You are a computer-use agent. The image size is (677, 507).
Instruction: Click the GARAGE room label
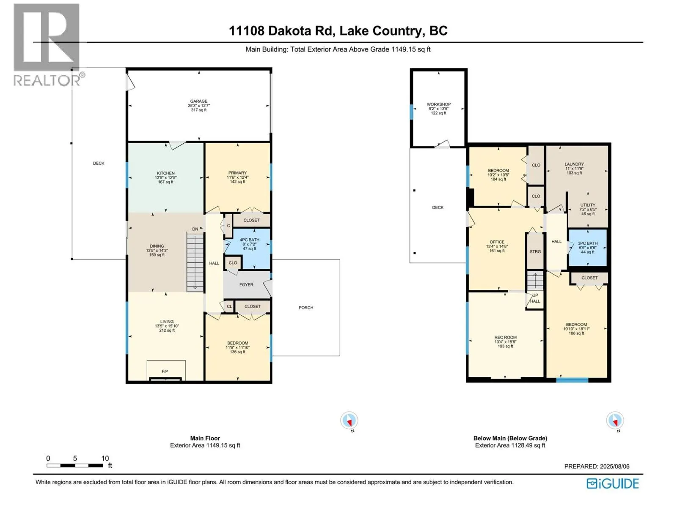point(198,101)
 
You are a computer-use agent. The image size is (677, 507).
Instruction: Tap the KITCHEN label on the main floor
point(165,173)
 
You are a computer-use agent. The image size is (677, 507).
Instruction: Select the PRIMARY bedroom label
point(237,173)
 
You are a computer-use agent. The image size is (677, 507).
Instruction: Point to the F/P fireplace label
point(165,371)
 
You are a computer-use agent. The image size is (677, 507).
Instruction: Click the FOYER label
point(246,285)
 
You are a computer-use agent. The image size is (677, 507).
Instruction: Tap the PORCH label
point(305,308)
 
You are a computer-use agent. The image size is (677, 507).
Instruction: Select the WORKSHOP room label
point(439,104)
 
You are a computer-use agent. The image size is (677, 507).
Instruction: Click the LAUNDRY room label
point(574,164)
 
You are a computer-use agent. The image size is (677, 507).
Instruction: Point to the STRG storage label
point(535,251)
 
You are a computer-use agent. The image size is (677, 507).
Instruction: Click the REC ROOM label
point(505,338)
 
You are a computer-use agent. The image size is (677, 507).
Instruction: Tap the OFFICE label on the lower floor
point(497,242)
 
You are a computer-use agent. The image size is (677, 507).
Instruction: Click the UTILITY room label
point(588,205)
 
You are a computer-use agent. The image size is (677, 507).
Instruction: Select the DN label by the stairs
point(195,229)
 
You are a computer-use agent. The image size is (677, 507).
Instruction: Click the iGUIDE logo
point(613,484)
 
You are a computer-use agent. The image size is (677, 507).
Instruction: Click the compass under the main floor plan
point(349,420)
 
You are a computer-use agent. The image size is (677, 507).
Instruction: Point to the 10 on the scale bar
point(105,458)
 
